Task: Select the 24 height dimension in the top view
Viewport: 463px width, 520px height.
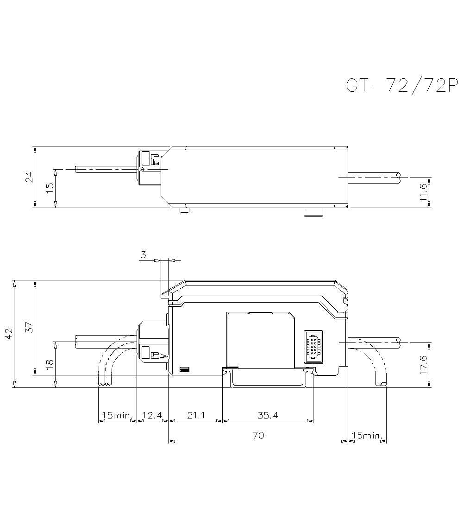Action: pos(29,177)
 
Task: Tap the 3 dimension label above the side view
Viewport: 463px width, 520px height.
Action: pos(144,254)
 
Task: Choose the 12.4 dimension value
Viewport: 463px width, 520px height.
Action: pos(152,416)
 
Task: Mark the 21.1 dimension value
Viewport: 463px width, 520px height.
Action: pos(195,416)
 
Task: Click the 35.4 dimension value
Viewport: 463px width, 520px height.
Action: pos(268,416)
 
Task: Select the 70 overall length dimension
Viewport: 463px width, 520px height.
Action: pos(258,435)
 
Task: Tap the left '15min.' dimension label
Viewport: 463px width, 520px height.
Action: pos(117,416)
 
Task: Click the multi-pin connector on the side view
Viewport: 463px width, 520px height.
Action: pos(313,346)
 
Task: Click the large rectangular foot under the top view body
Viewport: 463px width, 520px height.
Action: pos(313,212)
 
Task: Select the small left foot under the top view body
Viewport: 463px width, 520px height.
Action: pos(184,211)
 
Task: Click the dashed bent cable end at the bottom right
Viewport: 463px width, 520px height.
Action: pos(382,383)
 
